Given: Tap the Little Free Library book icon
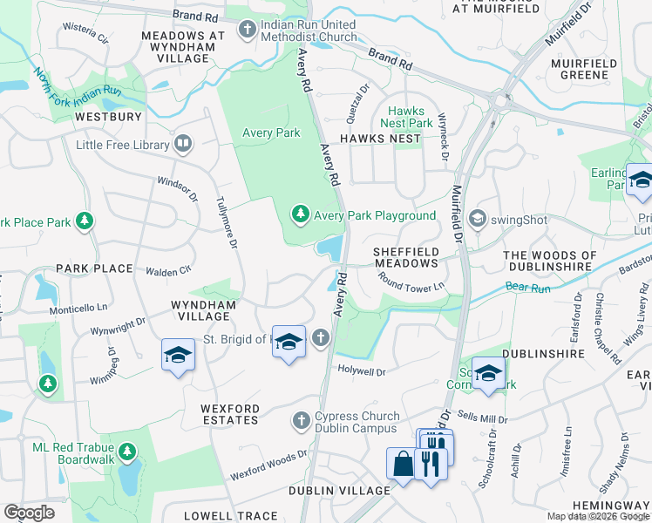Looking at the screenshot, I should [183, 144].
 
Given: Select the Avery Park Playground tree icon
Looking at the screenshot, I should [300, 214].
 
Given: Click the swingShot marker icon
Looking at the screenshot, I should [477, 218].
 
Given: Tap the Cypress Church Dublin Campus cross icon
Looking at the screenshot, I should [302, 422].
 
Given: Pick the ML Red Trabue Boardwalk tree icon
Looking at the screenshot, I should [127, 452].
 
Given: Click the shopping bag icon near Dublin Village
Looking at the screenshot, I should [403, 463].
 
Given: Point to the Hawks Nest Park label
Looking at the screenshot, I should [411, 117].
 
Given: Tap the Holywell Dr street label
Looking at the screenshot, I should [362, 371].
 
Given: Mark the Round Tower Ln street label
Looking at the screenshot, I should [411, 282].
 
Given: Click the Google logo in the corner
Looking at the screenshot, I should [29, 513].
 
